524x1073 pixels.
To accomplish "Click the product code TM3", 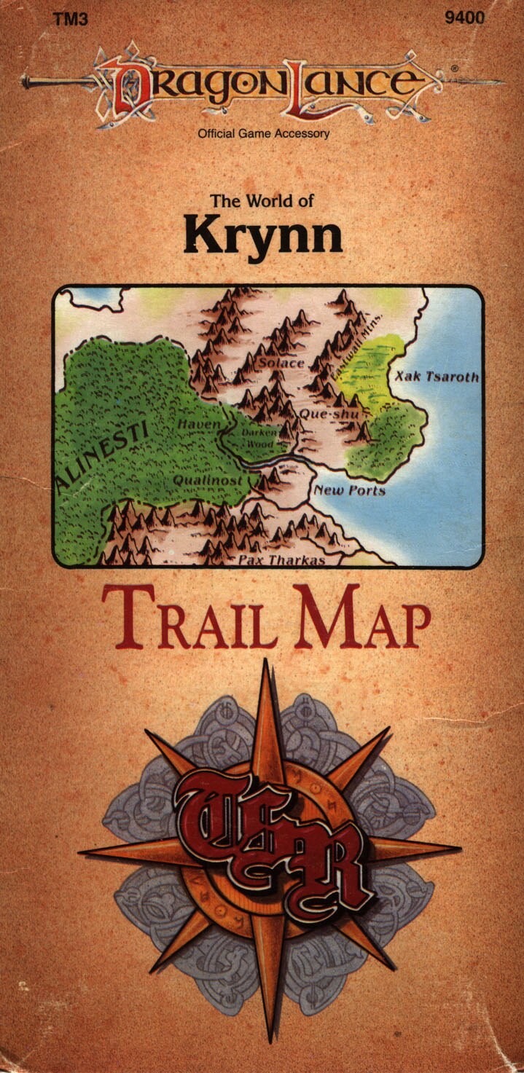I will click(x=71, y=19).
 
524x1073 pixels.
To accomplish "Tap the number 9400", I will click(x=464, y=18).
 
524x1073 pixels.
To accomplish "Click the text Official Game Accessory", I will click(x=263, y=133).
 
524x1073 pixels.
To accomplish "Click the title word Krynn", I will click(x=262, y=235).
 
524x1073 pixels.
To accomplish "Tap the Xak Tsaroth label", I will click(x=437, y=377).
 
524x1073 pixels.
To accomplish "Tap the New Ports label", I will click(x=349, y=490).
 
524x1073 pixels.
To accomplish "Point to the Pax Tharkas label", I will click(x=281, y=560).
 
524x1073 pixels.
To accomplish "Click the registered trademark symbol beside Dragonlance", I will click(x=455, y=68).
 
